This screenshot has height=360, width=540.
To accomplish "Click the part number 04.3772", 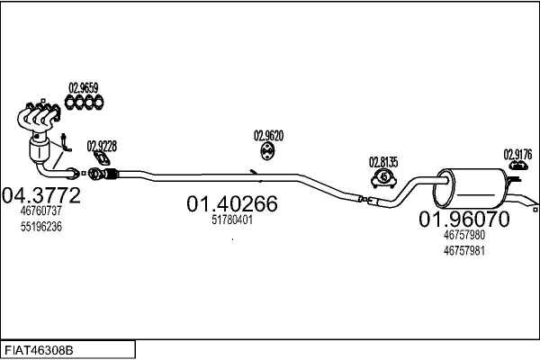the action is tap(42, 194).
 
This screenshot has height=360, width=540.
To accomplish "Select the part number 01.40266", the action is tap(232, 204).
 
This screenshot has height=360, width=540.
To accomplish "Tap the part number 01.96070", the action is tap(463, 220).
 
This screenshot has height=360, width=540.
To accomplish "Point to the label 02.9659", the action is tap(83, 88).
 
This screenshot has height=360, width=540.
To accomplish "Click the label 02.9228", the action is tap(102, 146).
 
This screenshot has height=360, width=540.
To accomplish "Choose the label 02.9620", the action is tap(269, 136).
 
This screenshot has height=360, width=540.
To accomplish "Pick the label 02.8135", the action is tap(382, 162).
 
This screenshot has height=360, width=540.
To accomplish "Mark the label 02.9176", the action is tap(517, 153).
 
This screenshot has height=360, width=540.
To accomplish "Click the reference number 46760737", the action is tap(40, 211).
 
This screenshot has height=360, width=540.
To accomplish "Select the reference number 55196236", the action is tap(40, 226).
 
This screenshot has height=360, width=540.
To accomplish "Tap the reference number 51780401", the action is tap(231, 220).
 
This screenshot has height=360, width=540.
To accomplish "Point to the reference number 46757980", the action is tap(463, 235).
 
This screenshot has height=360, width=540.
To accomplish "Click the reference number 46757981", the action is tap(463, 250).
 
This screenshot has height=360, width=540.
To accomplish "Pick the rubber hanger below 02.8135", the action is tap(383, 178).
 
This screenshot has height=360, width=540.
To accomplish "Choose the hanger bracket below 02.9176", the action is tap(517, 166).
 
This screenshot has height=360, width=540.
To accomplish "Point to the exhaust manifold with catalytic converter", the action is tap(40, 135).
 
